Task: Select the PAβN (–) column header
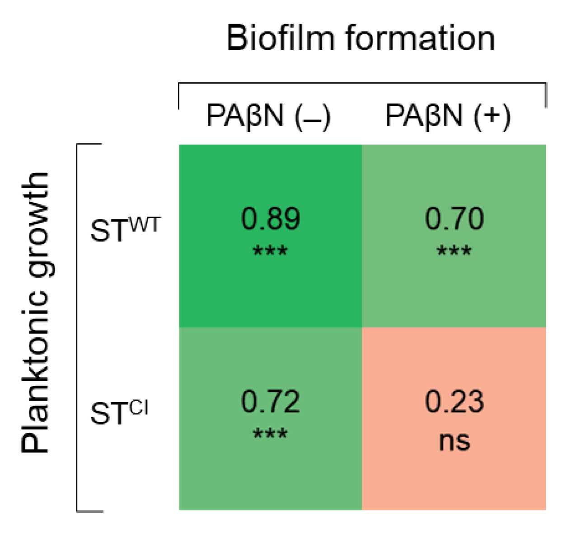pos(268,116)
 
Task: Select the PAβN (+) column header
pos(448,116)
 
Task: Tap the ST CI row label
pos(119,412)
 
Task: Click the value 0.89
pos(270,218)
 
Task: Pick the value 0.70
pos(454,218)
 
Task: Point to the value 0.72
pos(270,401)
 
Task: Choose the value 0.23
pos(454,401)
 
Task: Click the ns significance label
pos(454,441)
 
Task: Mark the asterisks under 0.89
pos(270,251)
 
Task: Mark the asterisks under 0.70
pos(454,251)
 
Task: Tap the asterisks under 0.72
pos(270,434)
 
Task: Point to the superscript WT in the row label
pos(145,224)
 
